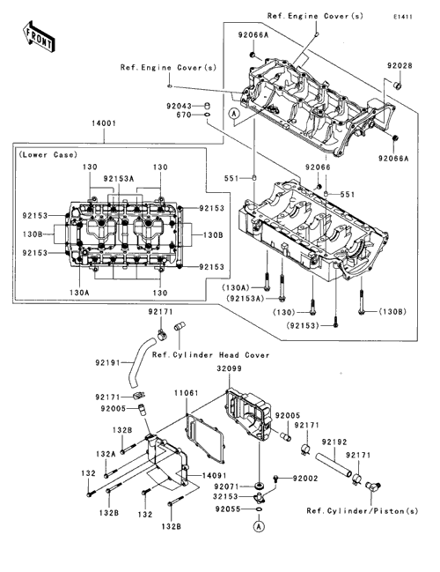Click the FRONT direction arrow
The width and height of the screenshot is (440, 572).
[x=38, y=37]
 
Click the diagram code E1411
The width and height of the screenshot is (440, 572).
[x=403, y=17]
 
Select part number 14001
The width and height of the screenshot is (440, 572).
[x=104, y=123]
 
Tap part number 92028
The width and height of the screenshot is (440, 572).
[x=400, y=66]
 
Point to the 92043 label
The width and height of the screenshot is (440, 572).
[x=179, y=106]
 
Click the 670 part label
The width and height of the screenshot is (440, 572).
[x=184, y=115]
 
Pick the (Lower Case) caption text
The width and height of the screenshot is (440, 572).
[x=48, y=154]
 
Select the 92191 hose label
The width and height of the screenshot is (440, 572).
[x=108, y=363]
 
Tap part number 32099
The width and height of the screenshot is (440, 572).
[x=229, y=368]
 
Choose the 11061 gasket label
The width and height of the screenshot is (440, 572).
[x=187, y=393]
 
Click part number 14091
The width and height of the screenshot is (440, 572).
[x=214, y=476]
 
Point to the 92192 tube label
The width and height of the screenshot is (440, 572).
[x=334, y=442]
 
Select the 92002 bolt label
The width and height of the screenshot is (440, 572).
[x=305, y=479]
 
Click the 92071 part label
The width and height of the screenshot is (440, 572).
[x=226, y=487]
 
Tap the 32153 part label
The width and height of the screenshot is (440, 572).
[x=225, y=497]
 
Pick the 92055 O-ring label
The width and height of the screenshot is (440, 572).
[x=228, y=509]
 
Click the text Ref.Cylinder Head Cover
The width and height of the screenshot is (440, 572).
[x=211, y=355]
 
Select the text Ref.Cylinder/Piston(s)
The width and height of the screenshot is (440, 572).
[x=363, y=511]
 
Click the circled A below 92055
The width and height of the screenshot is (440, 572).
[x=259, y=526]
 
